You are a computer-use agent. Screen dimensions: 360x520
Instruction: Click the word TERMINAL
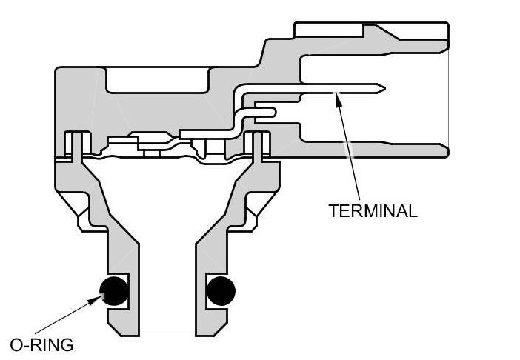(373, 210)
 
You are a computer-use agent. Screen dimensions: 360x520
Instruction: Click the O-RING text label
(41, 344)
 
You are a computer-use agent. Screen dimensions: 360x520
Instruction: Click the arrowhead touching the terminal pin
(338, 96)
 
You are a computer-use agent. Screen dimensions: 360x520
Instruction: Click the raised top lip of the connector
(370, 30)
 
